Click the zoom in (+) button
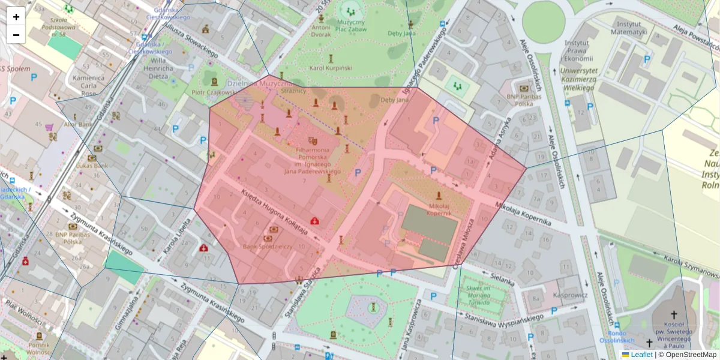(16, 17)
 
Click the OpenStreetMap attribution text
(690, 355)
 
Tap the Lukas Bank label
(92, 165)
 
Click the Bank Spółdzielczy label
(268, 246)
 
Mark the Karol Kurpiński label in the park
(329, 68)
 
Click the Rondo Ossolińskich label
(617, 337)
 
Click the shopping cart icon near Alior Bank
(49, 127)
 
